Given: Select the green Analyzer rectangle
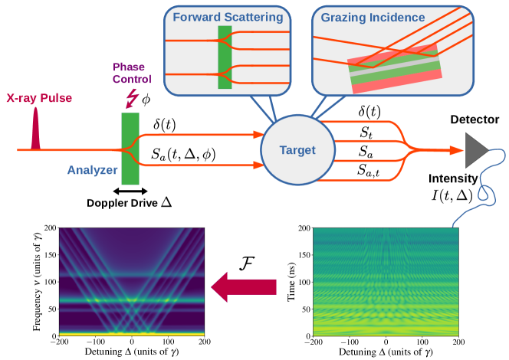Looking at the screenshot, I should (x=130, y=142).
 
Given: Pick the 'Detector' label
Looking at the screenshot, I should (x=475, y=119).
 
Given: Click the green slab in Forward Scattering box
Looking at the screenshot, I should (x=225, y=57).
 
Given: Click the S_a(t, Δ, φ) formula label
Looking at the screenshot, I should (x=185, y=156).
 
